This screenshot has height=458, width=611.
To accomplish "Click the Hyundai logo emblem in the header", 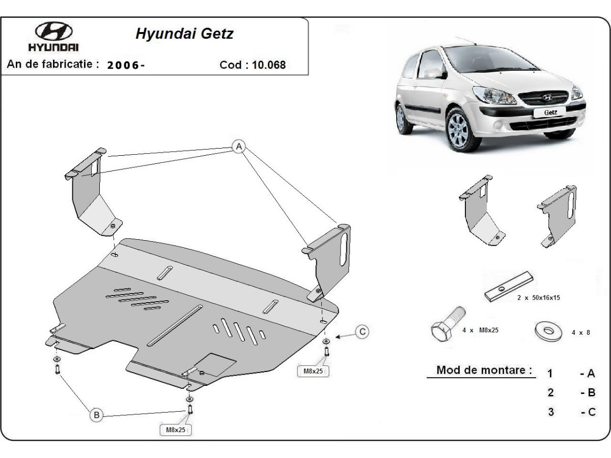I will pos(53,32).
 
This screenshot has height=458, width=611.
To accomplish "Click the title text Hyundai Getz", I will pos(184,34).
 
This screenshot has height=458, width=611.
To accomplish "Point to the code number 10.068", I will pos(268,65).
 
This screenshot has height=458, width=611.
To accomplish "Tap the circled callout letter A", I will pos(238,147).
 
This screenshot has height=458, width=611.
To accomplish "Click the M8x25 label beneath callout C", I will pos(313,371).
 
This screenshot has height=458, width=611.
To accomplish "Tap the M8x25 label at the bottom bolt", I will pos(176,430).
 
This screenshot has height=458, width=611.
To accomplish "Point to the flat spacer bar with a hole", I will pos(509,289).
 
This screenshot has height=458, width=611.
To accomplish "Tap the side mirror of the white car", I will pos(433,73).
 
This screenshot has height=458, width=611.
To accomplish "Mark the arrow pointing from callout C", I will pos(344,335).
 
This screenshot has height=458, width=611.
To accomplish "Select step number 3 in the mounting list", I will pos(550,412).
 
